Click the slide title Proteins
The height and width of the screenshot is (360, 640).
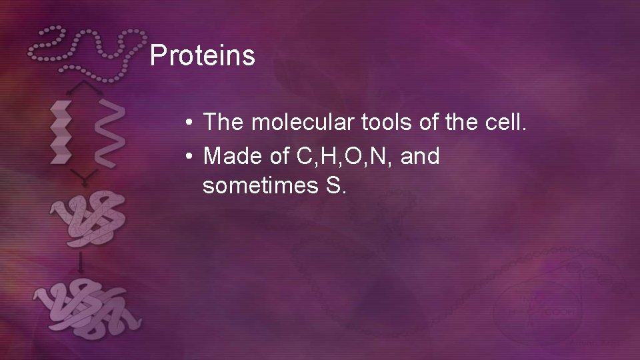(202, 56)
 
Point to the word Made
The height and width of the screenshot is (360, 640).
(230, 156)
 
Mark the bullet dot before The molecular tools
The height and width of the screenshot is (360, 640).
(190, 123)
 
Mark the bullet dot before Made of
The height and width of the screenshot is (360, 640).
(190, 157)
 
